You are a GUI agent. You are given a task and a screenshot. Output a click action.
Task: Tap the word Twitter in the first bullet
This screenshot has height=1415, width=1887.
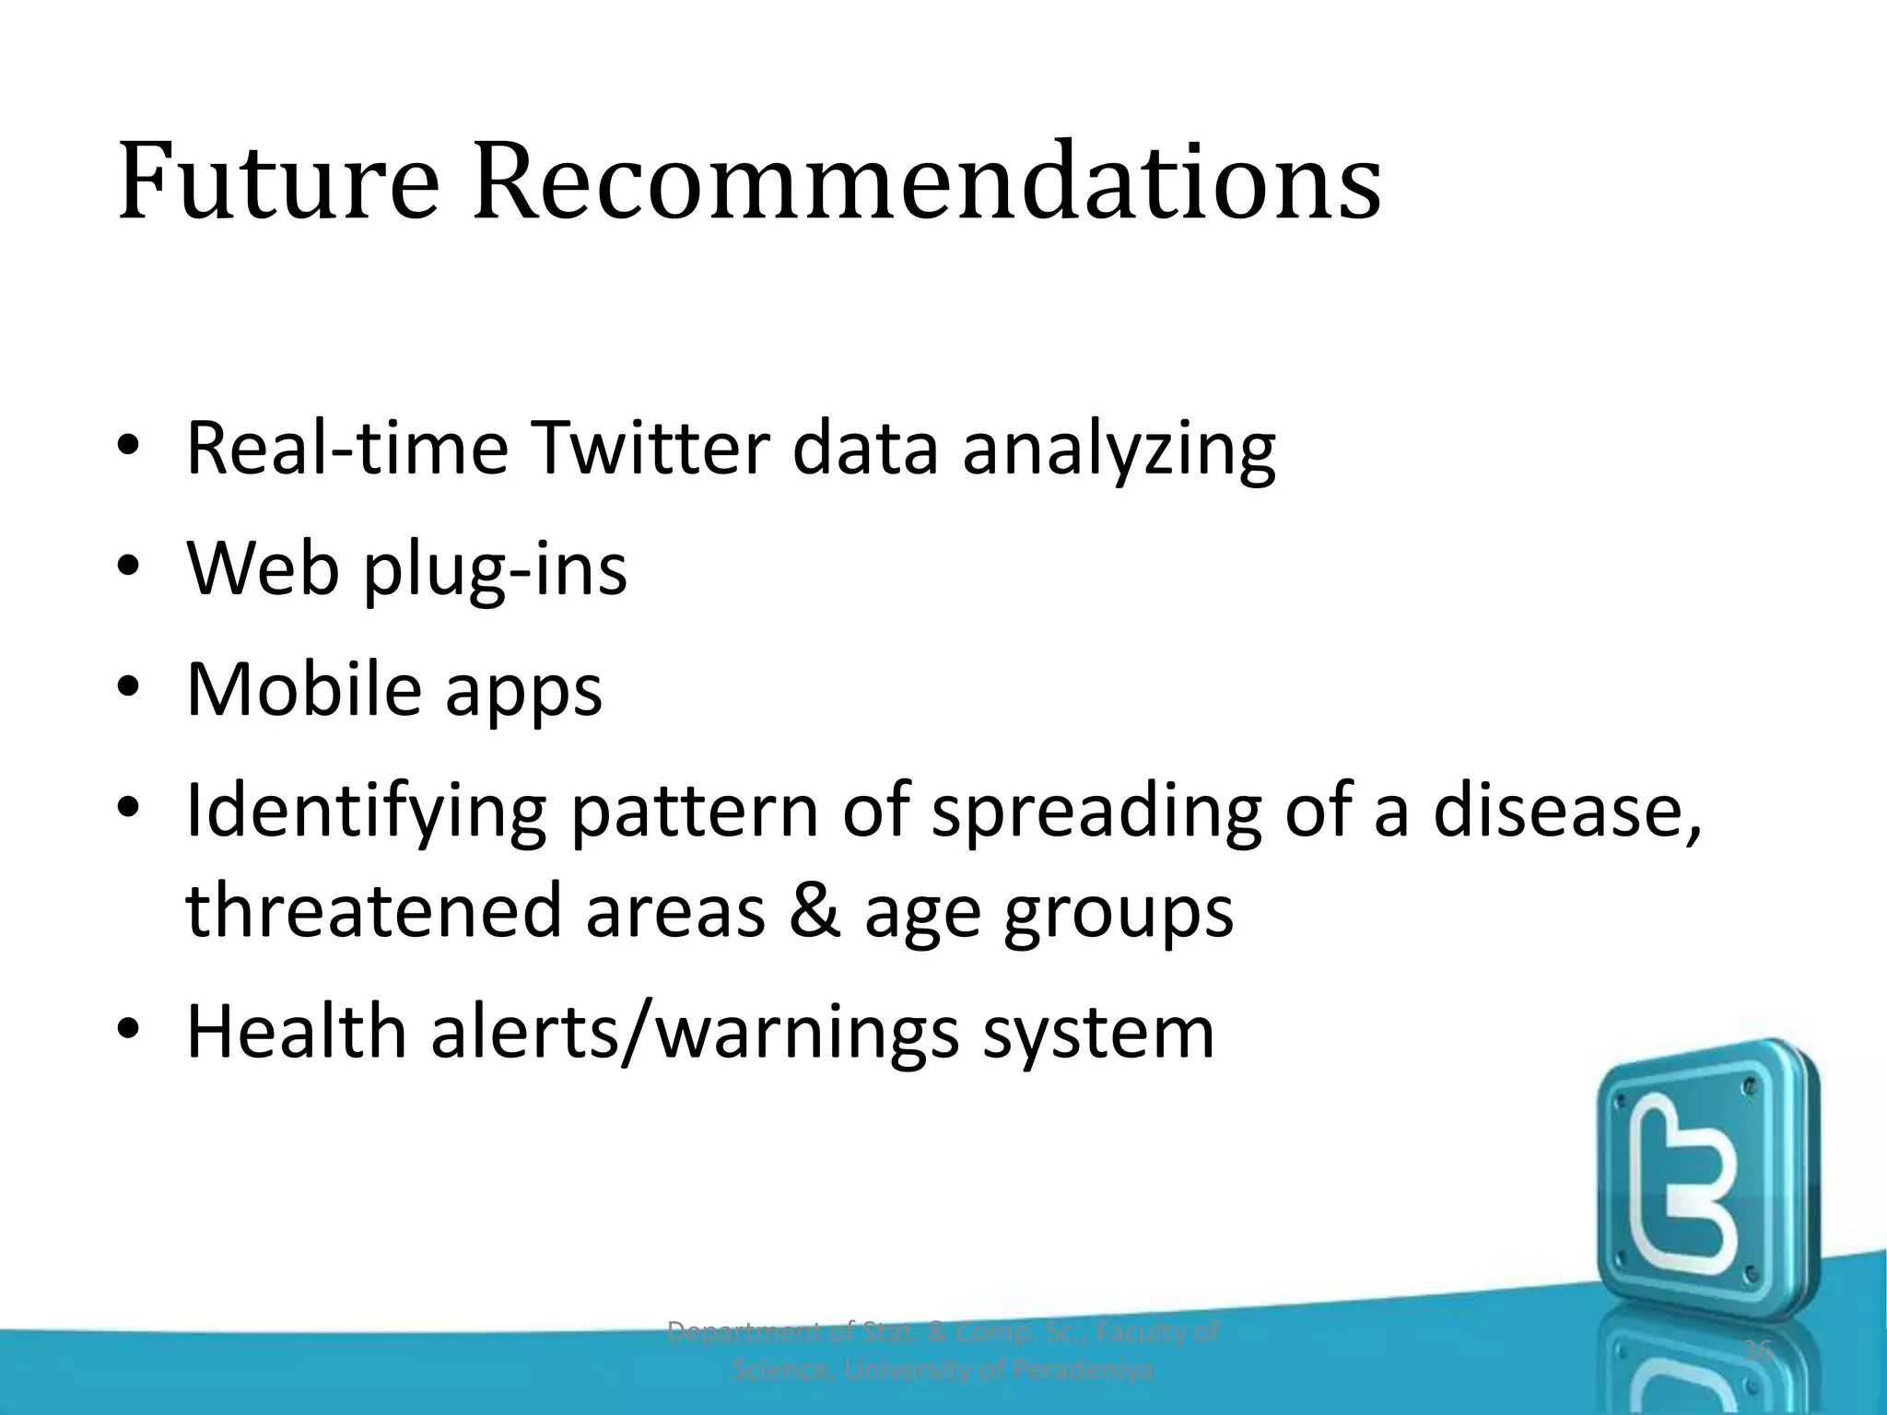click(x=649, y=449)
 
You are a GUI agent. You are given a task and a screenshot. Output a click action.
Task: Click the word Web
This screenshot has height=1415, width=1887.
click(x=263, y=568)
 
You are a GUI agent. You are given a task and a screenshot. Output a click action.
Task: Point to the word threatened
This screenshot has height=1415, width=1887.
click(x=373, y=910)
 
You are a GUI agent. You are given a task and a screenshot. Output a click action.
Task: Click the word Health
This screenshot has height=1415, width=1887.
click(x=296, y=1031)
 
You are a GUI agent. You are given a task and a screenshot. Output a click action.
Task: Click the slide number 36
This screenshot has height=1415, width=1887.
click(x=1758, y=1351)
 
